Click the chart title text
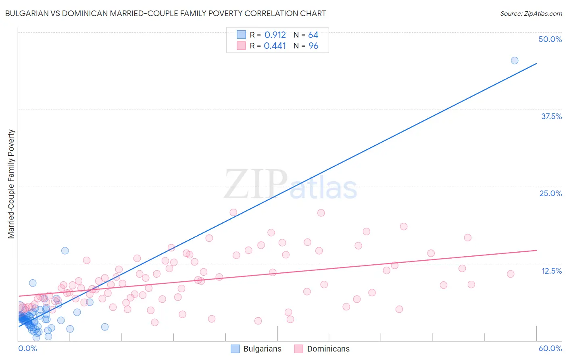coord(165,13)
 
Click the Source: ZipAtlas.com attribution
coord(531,13)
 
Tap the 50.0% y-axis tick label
coord(550,39)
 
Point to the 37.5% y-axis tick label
coord(551,116)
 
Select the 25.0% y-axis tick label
coord(550,193)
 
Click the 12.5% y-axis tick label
coord(551,271)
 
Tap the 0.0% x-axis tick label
coord(27,348)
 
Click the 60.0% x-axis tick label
coord(550,348)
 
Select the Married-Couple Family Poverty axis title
coord(11,184)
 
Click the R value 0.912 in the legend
coord(275,35)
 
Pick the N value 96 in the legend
coord(313,46)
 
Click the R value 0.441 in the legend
coord(275,46)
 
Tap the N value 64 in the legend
coord(313,35)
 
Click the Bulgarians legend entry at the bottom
coord(256,349)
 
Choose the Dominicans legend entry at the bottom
coord(321,349)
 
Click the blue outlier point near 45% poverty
coord(515,61)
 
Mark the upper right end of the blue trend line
coord(536,63)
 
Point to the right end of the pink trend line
coord(536,250)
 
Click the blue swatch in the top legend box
coord(241,35)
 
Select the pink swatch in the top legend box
coord(241,46)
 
